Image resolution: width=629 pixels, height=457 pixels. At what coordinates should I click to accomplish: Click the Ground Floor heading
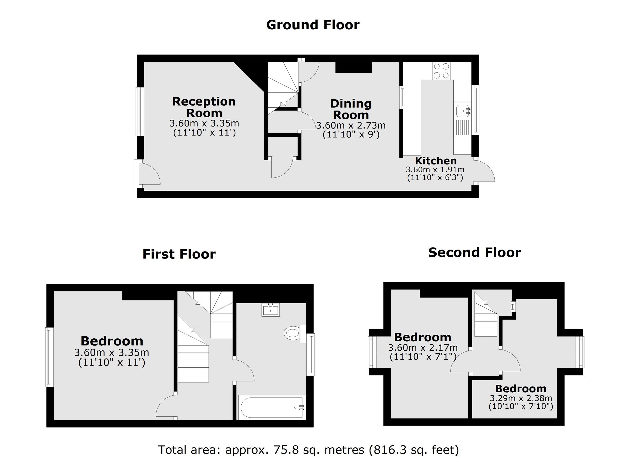click(x=313, y=25)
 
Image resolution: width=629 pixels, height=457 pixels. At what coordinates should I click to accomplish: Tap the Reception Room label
click(x=204, y=107)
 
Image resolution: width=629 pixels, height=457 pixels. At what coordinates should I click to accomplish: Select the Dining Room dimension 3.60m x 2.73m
click(x=351, y=125)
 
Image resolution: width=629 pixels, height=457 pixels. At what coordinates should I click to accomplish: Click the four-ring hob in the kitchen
click(x=441, y=71)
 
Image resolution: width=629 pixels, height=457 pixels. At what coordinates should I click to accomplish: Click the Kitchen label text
click(x=436, y=161)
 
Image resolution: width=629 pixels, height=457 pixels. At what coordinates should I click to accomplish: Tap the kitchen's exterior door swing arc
click(x=485, y=172)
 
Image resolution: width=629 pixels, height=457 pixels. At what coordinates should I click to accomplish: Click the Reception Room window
click(x=140, y=111)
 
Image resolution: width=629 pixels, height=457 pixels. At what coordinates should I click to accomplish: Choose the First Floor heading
click(x=179, y=254)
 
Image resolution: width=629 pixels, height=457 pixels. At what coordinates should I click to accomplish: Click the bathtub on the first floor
click(x=272, y=408)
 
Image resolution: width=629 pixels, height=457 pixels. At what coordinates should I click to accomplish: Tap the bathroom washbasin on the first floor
click(x=270, y=310)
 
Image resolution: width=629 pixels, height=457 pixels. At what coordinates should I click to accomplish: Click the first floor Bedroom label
click(x=112, y=341)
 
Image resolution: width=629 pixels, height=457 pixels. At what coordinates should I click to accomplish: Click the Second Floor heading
click(x=474, y=252)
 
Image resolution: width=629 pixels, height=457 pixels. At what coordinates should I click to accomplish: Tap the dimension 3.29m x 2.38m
click(x=521, y=398)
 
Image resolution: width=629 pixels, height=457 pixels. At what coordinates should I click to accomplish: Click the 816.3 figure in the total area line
click(x=388, y=449)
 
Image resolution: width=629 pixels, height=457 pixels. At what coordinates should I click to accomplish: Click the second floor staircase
click(x=485, y=322)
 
